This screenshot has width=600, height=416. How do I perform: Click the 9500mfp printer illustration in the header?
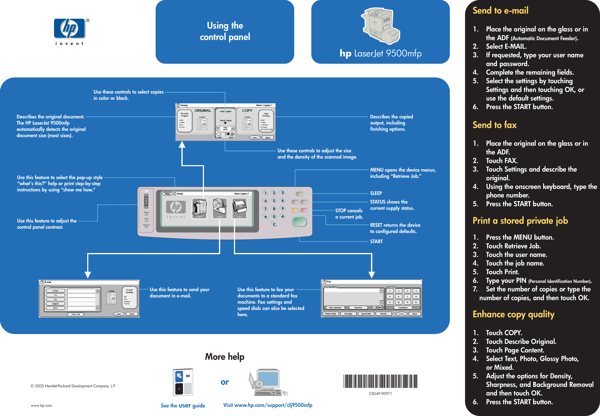380,26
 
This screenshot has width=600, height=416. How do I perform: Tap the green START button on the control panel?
299,222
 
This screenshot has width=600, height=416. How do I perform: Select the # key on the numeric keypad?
283,216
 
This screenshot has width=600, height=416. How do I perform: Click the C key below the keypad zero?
274,224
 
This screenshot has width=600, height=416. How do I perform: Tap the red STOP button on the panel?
304,210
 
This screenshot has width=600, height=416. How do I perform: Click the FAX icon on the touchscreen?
239,208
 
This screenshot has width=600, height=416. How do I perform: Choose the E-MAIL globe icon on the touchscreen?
219,208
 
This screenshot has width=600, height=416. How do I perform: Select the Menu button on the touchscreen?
167,194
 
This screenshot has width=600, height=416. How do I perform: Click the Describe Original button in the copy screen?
184,121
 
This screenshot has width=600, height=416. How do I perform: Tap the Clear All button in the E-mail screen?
75,314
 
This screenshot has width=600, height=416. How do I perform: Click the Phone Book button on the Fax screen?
330,314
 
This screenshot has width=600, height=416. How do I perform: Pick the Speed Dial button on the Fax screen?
366,314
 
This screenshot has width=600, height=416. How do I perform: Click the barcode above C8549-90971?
380,381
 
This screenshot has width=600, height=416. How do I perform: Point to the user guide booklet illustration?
183,382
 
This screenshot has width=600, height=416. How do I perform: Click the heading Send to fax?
494,125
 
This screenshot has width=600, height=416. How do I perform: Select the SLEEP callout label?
376,193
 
